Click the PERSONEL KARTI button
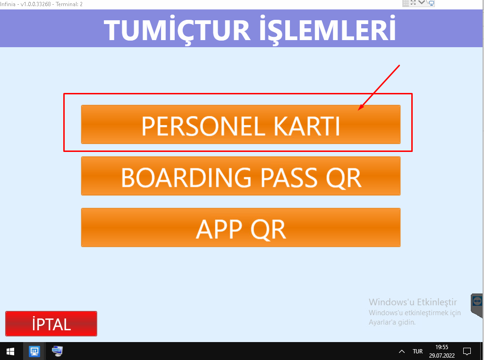[x=241, y=124]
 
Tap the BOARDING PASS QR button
[x=241, y=176]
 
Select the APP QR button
[x=241, y=227]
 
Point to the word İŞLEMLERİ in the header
[x=328, y=29]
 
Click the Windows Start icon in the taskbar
[x=10, y=352]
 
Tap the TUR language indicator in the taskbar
[x=417, y=352]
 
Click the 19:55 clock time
[x=442, y=347]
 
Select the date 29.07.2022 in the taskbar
[x=442, y=355]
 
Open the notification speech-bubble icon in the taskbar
[x=467, y=351]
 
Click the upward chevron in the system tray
[x=401, y=352]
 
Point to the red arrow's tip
[x=358, y=110]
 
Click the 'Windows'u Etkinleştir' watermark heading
[x=413, y=301]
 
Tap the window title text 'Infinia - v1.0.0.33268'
[x=25, y=4]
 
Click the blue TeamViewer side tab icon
[x=477, y=301]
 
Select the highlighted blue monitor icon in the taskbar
[x=34, y=352]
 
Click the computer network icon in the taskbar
[x=57, y=351]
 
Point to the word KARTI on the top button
[x=307, y=126]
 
